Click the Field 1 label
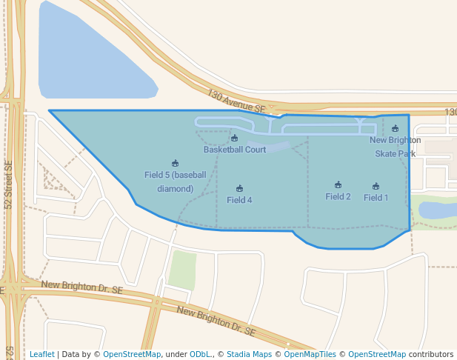click(x=376, y=198)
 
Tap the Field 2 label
click(x=338, y=196)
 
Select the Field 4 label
click(x=239, y=200)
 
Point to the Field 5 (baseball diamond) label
click(x=176, y=181)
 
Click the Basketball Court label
click(x=235, y=150)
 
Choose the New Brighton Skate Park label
click(x=395, y=147)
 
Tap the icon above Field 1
click(x=376, y=187)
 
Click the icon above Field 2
click(x=338, y=185)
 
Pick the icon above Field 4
click(x=239, y=189)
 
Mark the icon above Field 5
click(x=176, y=164)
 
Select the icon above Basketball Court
click(x=235, y=139)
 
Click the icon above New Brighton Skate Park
click(x=395, y=129)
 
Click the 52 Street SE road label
click(x=9, y=185)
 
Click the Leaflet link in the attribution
click(x=41, y=355)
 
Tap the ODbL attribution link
click(x=200, y=355)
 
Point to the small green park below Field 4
click(x=182, y=270)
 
